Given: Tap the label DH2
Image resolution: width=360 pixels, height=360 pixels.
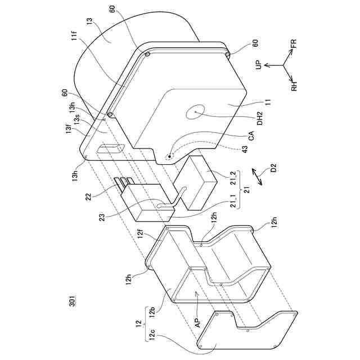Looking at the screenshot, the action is (x=260, y=117).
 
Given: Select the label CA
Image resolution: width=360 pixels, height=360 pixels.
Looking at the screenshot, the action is (x=260, y=135).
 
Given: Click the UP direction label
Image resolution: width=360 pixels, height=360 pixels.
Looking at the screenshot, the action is (x=259, y=66).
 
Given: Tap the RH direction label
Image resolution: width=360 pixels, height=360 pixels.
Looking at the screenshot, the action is (x=294, y=85).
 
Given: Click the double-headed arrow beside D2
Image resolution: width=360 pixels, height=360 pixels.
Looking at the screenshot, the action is (x=258, y=175).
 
